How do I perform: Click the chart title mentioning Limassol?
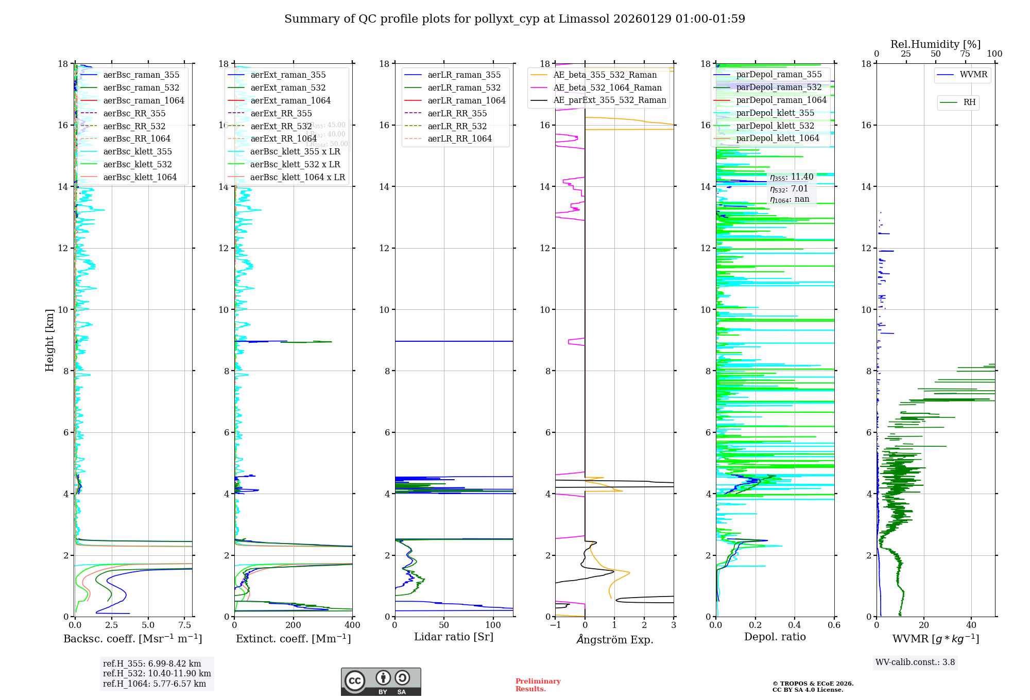pos(514,19)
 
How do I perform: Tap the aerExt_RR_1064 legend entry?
pos(283,139)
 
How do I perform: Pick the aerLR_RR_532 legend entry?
pos(457,126)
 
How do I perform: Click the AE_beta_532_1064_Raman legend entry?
pos(607,88)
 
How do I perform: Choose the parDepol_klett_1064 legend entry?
pos(777,138)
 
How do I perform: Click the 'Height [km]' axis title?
pos(49,340)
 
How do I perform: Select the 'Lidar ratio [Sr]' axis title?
pos(453,637)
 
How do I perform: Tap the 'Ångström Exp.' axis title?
pos(614,640)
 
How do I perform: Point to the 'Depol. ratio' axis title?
pos(775,637)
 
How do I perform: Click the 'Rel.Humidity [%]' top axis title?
pos(935,44)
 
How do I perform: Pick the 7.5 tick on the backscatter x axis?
pos(184,625)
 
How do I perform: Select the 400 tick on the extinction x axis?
pos(352,625)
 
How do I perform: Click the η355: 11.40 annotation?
pos(792,177)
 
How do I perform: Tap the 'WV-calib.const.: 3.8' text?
pos(915,662)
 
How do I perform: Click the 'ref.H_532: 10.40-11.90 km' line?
pos(157,674)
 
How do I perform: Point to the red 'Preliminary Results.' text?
pos(538,685)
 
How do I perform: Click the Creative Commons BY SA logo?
pos(381,682)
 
